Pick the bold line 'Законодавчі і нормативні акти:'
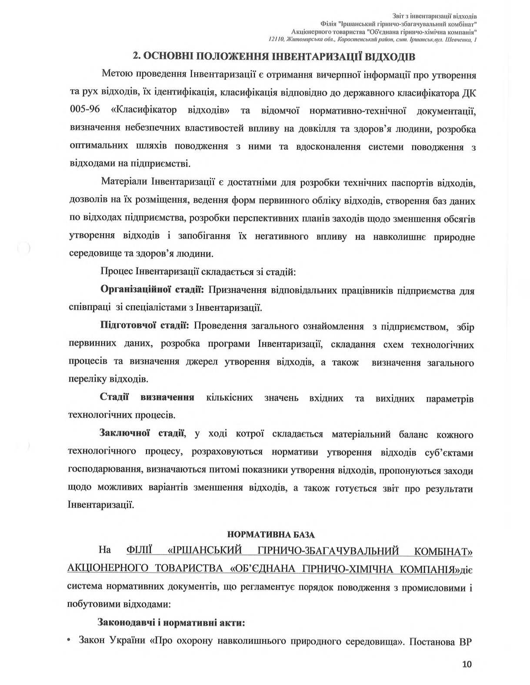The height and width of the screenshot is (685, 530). [173, 622]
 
